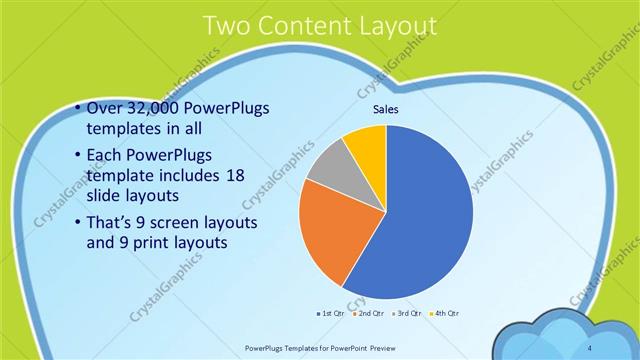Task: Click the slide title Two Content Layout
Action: coord(319,27)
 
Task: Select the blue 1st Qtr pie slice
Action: coord(420,220)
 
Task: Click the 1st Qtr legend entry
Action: coord(331,314)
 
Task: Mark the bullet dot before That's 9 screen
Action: coord(79,222)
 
